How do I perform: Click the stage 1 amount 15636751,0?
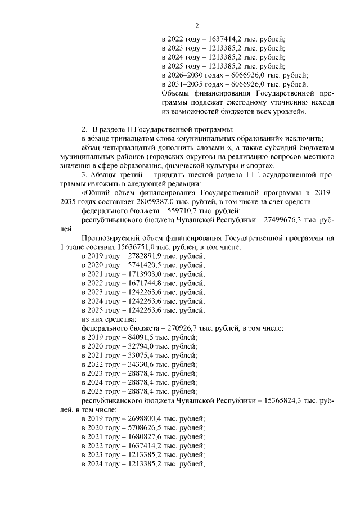click(x=121, y=247)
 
